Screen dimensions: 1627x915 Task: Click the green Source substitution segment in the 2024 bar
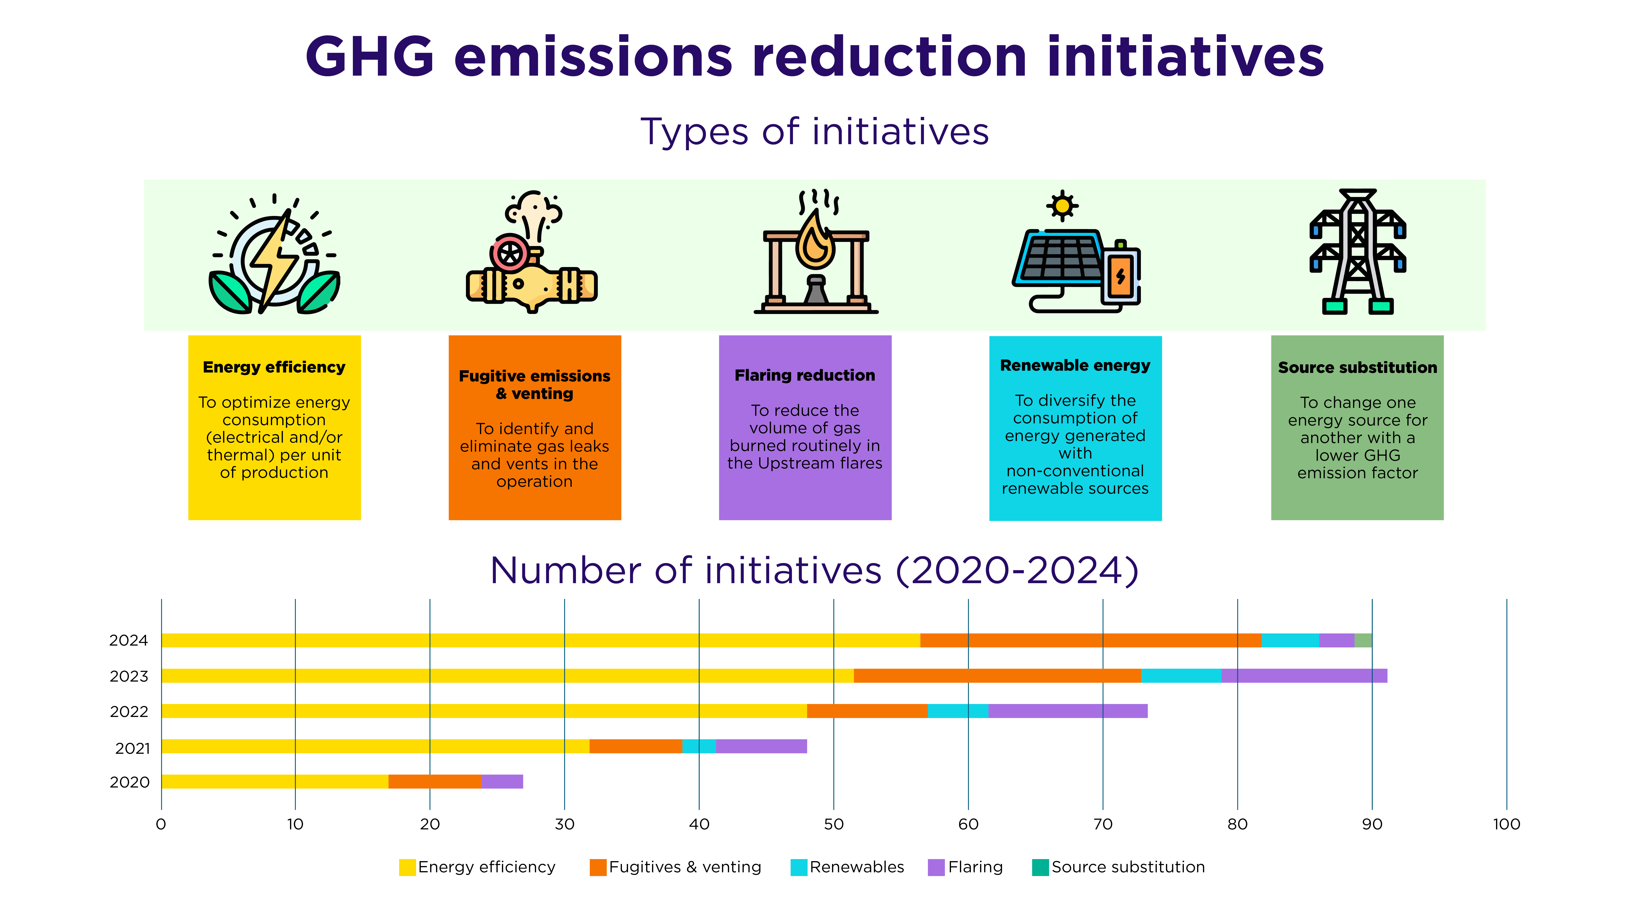tap(1363, 640)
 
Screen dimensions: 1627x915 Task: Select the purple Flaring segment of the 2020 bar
tap(502, 782)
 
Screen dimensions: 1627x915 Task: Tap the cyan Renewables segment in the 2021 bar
tap(699, 746)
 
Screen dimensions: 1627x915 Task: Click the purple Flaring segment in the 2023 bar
tap(1304, 676)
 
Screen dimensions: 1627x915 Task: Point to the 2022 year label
tap(129, 712)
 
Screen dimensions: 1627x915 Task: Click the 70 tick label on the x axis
tap(1103, 824)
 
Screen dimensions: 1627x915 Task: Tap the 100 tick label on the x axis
tap(1506, 824)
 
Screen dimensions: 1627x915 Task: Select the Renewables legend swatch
tap(799, 867)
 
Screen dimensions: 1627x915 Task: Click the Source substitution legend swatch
tap(1040, 867)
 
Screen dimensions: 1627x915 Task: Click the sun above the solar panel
tap(1062, 206)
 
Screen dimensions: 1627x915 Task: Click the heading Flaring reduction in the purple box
tap(805, 375)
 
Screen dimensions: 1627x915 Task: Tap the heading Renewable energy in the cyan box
tap(1075, 366)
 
